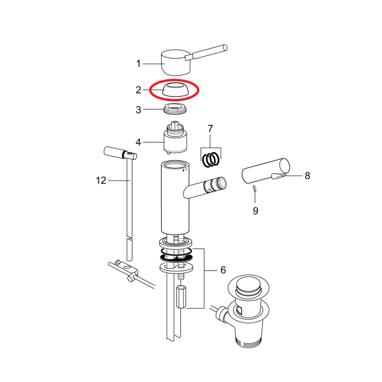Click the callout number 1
point(138,64)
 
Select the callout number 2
point(138,90)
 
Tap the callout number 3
point(138,110)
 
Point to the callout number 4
point(138,142)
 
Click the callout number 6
point(223,270)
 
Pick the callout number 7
point(210,129)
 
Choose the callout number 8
point(308,176)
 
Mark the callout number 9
point(255,211)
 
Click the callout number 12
point(101,181)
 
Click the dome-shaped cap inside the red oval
point(176,90)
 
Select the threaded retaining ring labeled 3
point(175,108)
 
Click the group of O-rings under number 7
point(211,160)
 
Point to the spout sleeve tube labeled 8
point(265,170)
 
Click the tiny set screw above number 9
point(254,188)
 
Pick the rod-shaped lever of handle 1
point(206,52)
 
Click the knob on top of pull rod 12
point(120,153)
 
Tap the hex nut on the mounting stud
point(181,297)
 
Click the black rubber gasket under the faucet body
point(176,258)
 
